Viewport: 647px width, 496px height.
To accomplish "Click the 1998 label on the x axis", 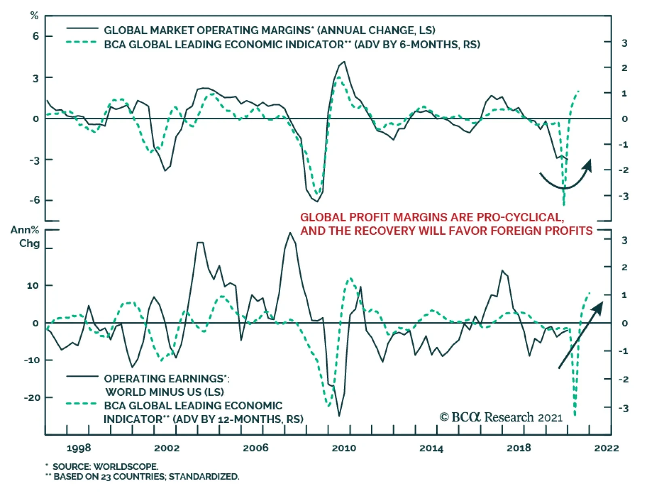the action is pos(78,448).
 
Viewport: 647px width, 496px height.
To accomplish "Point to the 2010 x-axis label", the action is pos(344,448).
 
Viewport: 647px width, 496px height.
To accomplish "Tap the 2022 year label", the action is pos(607,448).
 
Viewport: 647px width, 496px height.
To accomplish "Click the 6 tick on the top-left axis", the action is pos(36,36).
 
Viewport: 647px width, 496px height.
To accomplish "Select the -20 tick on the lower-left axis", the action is pos(32,398).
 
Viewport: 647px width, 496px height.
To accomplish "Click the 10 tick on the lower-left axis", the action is pos(33,286).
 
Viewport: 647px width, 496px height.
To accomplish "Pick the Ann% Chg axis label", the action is pos(25,237).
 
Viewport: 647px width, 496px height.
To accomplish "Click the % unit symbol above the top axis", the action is pos(34,15).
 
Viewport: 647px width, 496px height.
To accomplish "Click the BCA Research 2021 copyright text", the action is pos(501,417).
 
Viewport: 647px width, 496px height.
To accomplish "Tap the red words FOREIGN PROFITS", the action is pos(534,231).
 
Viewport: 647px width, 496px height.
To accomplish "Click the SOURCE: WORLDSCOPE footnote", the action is pos(102,466).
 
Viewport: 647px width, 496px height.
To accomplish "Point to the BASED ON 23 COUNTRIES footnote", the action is pos(142,477).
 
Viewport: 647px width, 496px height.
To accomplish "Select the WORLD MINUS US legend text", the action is pos(165,392).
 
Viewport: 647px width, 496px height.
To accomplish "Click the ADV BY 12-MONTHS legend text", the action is pos(238,419).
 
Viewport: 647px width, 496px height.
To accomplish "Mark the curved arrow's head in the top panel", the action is pos(588,165).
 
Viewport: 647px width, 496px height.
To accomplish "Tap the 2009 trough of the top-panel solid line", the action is pos(317,201).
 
